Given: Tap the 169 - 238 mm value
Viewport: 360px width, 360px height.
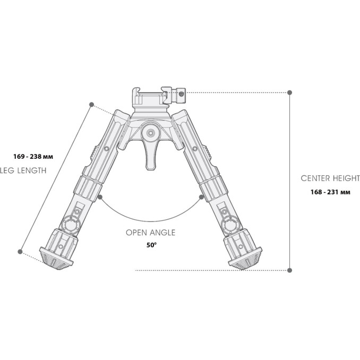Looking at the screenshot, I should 33,157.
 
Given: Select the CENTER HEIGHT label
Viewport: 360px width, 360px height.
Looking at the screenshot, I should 330,178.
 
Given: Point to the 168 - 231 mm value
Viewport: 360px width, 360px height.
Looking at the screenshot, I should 330,192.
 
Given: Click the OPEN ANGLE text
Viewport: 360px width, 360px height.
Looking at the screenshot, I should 150,233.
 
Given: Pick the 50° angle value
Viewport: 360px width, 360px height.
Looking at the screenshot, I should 152,245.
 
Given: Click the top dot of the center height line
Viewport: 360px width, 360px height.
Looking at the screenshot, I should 289,92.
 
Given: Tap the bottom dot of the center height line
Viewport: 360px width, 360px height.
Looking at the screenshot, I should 289,270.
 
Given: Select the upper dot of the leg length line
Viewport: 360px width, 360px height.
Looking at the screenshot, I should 92,104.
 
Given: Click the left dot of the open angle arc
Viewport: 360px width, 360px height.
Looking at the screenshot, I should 100,197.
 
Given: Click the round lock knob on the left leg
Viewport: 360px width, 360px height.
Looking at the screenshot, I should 70,225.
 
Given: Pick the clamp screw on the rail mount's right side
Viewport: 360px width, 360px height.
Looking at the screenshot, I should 181,93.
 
